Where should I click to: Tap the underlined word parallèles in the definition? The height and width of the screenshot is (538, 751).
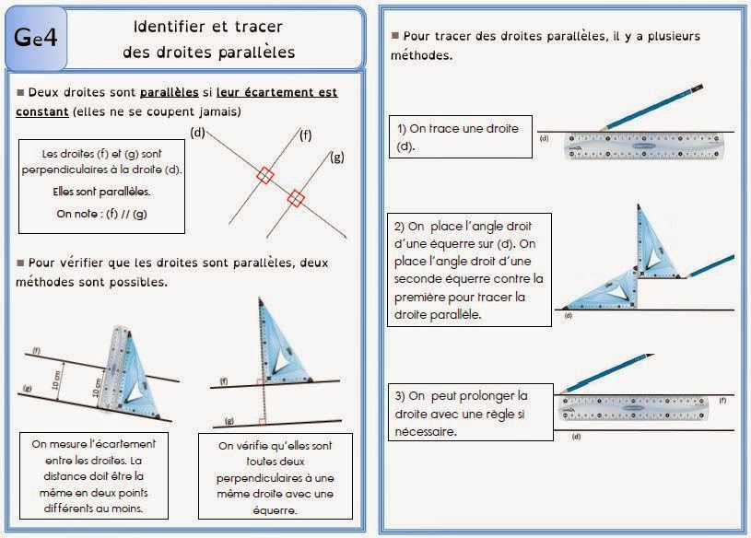click(169, 92)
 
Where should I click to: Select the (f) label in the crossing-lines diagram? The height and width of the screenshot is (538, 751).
click(306, 135)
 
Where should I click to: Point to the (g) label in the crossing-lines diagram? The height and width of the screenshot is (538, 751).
click(337, 157)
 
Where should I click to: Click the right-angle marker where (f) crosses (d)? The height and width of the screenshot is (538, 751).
click(264, 174)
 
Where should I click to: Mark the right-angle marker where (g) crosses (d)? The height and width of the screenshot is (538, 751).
click(296, 197)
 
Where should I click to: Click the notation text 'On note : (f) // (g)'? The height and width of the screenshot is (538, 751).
click(101, 214)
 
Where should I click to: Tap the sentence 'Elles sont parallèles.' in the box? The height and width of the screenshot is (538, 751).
click(101, 192)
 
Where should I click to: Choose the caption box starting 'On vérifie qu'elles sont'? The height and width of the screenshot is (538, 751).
click(276, 477)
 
